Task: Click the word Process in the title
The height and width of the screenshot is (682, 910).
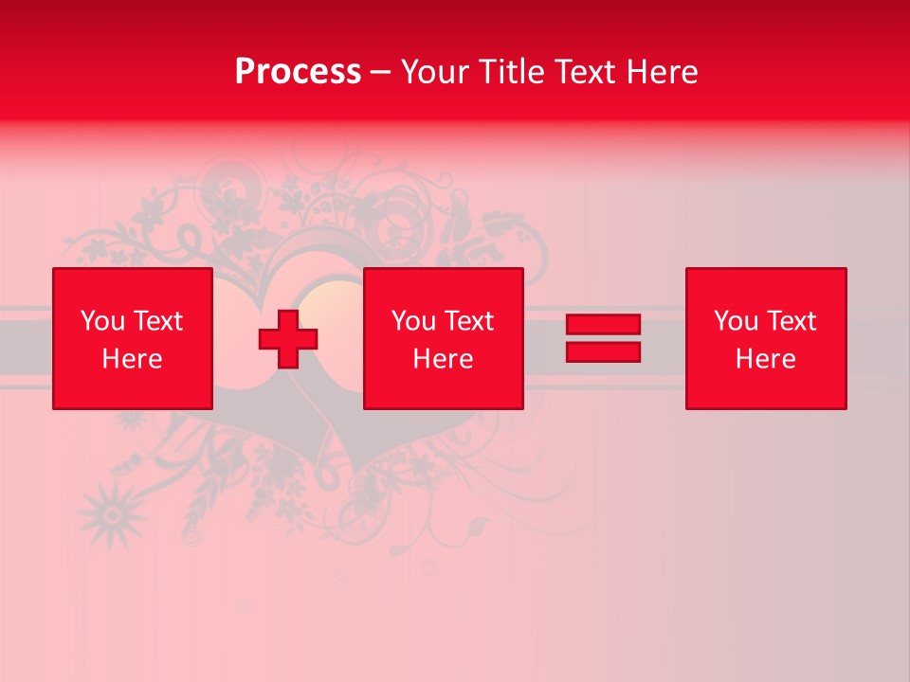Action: coord(298,72)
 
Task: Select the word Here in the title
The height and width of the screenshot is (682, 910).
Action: coord(662,72)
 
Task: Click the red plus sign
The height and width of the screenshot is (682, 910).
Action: coord(288,339)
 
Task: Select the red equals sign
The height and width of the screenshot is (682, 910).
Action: coord(603,338)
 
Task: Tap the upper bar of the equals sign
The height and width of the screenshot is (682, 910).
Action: coord(603,325)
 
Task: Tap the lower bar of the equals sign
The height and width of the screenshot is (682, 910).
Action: coord(603,351)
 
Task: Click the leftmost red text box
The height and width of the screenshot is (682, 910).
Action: coord(133,338)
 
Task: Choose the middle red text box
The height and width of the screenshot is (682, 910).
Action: coord(443,338)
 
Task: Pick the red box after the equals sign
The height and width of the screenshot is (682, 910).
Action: coord(766,338)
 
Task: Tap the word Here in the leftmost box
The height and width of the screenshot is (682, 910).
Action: coord(133,359)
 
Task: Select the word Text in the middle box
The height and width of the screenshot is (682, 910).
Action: coord(470,321)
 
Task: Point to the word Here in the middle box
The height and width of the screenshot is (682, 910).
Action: coord(443,359)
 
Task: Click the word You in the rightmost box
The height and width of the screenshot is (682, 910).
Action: coord(736,321)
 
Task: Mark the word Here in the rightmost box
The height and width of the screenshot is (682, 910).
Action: coord(766,359)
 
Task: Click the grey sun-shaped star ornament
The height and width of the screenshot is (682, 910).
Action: coord(113,514)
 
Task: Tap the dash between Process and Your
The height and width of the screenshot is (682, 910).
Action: coord(380,73)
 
